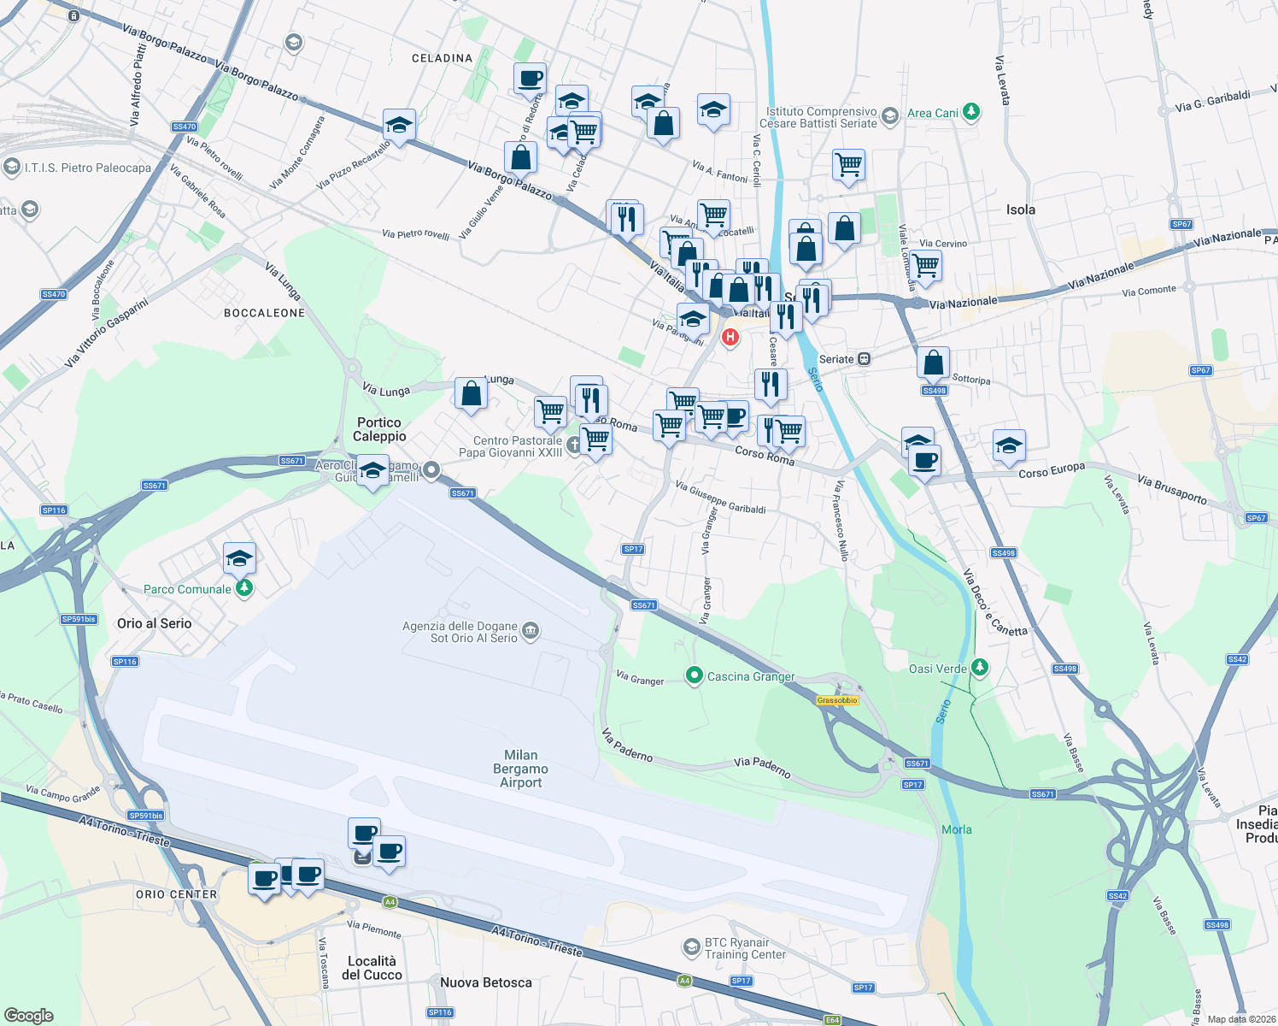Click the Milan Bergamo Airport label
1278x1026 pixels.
coord(520,769)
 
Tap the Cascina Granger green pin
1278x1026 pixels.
coord(695,676)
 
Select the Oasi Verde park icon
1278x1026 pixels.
coord(980,668)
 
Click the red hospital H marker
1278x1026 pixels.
coord(730,337)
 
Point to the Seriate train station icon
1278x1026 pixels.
coord(865,359)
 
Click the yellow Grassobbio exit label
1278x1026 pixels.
coord(836,700)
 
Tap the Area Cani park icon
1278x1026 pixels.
coord(970,112)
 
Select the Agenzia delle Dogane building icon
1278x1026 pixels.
coord(530,631)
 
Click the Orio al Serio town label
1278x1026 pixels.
coord(155,623)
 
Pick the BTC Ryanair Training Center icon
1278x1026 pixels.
coord(691,947)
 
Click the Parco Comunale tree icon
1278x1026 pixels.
coord(244,588)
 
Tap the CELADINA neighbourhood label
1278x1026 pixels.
coord(442,58)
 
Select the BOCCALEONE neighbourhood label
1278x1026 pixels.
coord(264,313)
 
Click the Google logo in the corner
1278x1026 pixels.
coord(28,1015)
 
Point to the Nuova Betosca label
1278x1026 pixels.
coord(485,982)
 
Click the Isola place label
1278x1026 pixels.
coord(1020,209)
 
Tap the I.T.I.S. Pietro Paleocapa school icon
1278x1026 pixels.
coord(12,167)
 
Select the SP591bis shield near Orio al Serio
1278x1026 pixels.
coord(79,619)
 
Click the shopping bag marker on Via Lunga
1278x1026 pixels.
coord(471,394)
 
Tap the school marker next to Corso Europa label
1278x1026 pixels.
coord(1009,445)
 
